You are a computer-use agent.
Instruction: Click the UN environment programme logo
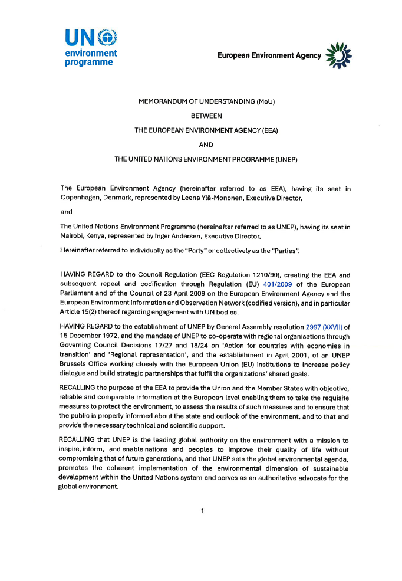tap(91, 47)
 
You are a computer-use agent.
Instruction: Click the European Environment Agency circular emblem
tap(338, 55)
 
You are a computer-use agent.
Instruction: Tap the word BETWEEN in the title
tap(206, 116)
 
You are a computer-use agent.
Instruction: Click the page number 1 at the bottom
tap(202, 511)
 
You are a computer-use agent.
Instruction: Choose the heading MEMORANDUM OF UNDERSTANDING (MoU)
tap(206, 101)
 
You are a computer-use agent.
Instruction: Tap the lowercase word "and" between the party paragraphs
tap(66, 211)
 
